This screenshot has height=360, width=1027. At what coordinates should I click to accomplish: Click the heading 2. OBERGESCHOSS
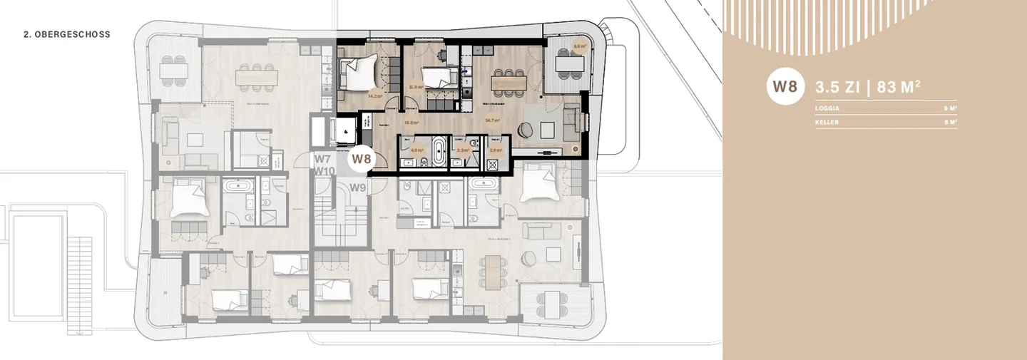pyautogui.click(x=67, y=34)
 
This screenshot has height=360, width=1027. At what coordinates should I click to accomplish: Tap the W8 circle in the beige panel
pyautogui.click(x=785, y=88)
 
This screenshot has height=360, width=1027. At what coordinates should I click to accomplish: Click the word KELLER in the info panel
pyautogui.click(x=827, y=122)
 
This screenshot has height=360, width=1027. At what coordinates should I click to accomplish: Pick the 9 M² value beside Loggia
pyautogui.click(x=949, y=109)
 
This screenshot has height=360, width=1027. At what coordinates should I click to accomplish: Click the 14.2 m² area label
pyautogui.click(x=374, y=95)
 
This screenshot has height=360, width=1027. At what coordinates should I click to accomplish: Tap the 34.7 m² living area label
pyautogui.click(x=491, y=121)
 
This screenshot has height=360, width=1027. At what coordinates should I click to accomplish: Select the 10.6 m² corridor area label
pyautogui.click(x=411, y=122)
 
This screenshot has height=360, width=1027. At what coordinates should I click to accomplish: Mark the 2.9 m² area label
pyautogui.click(x=496, y=150)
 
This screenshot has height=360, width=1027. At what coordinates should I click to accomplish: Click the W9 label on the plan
pyautogui.click(x=358, y=188)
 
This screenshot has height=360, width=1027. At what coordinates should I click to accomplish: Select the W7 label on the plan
pyautogui.click(x=323, y=159)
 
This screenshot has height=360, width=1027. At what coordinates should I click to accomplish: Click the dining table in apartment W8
pyautogui.click(x=508, y=83)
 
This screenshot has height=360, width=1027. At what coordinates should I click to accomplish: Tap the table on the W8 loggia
pyautogui.click(x=569, y=64)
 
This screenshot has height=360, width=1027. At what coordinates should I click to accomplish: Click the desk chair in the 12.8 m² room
pyautogui.click(x=443, y=55)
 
